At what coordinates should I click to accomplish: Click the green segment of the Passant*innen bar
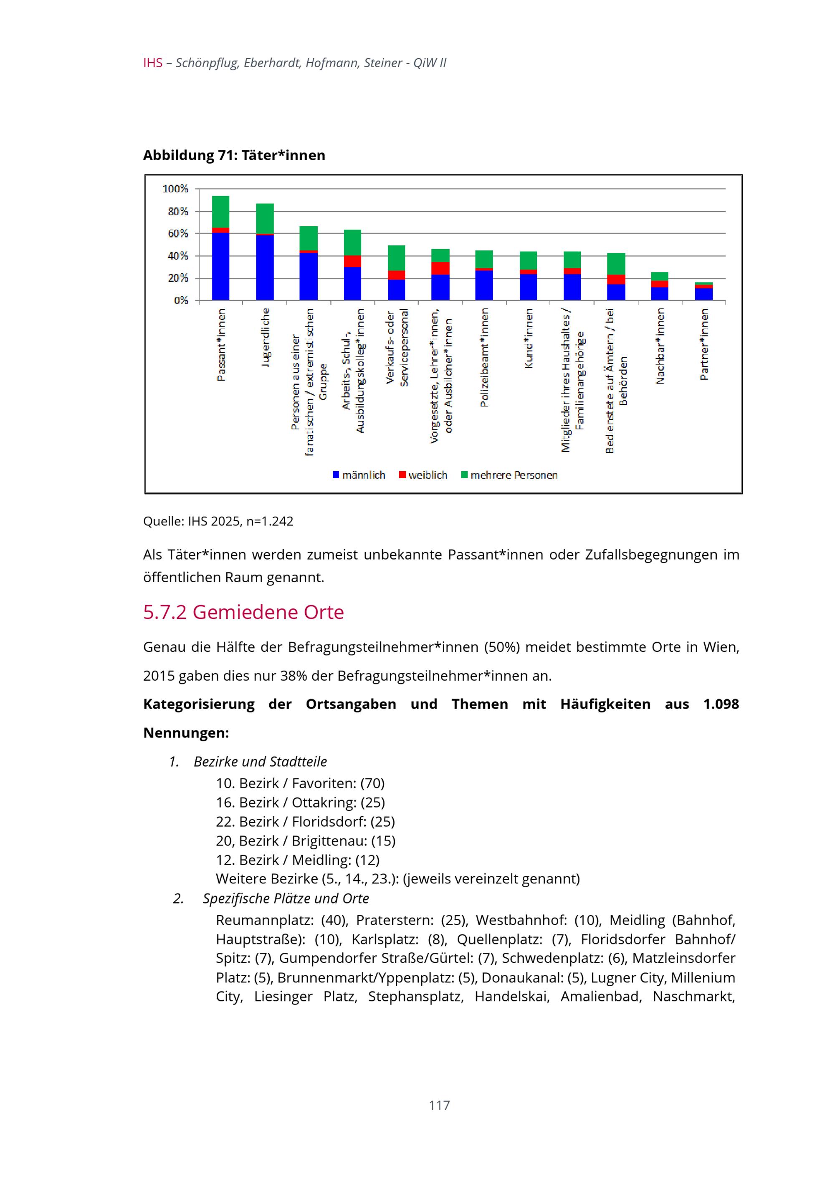(x=221, y=212)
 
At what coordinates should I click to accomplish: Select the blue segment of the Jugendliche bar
(x=265, y=267)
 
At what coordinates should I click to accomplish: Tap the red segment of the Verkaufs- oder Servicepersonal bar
(x=396, y=275)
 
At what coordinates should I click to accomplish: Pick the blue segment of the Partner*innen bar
(x=704, y=294)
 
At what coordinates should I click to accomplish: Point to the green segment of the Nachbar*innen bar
(x=660, y=276)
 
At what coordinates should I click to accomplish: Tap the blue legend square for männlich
(x=336, y=475)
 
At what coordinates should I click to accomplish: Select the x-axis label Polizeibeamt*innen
(x=484, y=358)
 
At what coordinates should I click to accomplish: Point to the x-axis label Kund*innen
(x=529, y=338)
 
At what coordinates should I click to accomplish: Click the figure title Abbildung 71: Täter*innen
(x=234, y=155)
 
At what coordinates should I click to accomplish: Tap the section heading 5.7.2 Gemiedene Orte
(x=243, y=612)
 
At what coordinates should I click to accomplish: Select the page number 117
(x=439, y=1105)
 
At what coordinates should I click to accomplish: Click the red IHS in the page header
(x=153, y=63)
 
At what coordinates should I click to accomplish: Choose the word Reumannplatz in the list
(x=264, y=919)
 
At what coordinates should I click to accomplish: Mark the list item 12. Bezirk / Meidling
(x=297, y=860)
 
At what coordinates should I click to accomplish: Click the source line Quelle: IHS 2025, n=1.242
(x=218, y=521)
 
